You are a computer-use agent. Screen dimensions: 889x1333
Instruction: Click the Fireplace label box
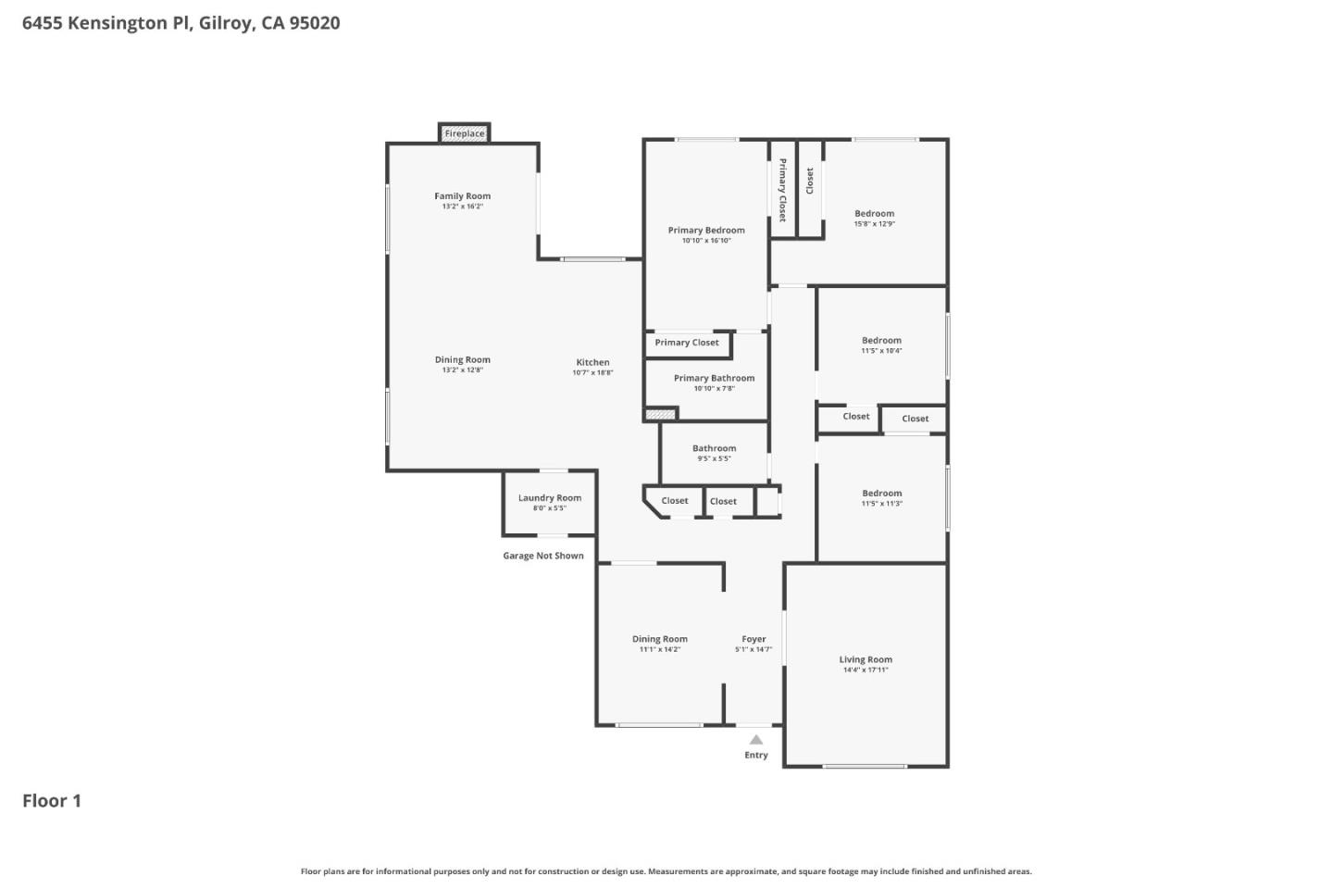pos(464,133)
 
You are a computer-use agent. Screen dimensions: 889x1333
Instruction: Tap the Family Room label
pos(463,196)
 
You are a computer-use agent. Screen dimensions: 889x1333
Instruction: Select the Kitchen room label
pos(592,363)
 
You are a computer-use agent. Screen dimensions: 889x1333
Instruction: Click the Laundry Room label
pos(550,498)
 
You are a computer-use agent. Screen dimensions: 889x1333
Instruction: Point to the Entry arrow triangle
pos(756,739)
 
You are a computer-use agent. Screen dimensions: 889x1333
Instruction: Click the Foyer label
pos(754,639)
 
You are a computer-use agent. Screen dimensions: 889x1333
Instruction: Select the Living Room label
pos(866,660)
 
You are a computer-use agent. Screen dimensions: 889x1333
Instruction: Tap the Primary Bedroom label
pos(706,231)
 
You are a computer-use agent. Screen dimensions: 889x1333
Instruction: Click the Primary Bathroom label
pos(714,378)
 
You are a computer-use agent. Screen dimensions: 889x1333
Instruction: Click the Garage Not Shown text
pos(543,556)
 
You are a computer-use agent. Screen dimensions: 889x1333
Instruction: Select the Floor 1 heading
pos(52,801)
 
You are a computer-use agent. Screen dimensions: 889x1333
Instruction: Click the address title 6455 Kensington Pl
pos(181,23)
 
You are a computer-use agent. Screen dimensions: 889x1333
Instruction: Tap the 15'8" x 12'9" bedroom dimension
pos(874,224)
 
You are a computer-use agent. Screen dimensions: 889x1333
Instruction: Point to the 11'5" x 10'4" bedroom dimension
pos(881,351)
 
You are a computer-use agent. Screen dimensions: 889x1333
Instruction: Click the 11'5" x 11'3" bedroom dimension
pos(881,504)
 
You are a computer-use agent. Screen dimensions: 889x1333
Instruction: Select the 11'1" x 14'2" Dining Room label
pos(659,649)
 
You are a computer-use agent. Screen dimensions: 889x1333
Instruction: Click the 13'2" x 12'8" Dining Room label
pos(463,370)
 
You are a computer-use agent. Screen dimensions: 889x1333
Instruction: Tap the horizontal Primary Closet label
pos(687,343)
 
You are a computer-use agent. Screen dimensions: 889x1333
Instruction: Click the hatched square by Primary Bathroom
pos(661,415)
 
